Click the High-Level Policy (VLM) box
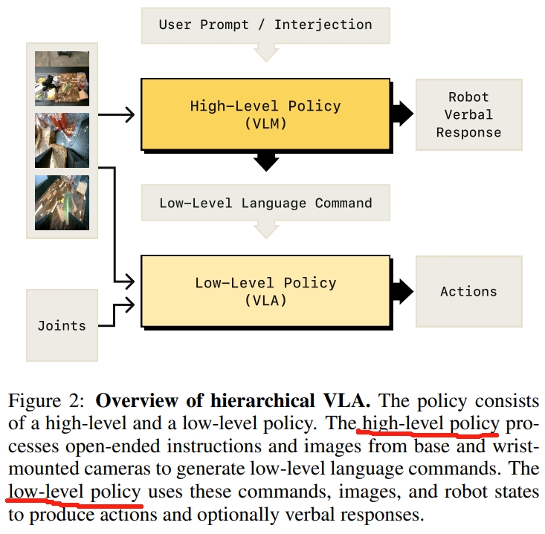tap(265, 114)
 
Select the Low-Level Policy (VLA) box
tap(265, 291)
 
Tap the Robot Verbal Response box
tap(468, 114)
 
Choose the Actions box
tap(468, 291)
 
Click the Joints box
tap(62, 325)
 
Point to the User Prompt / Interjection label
tap(265, 25)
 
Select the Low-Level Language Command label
tap(265, 203)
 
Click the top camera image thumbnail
tap(62, 78)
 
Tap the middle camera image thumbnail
tap(62, 140)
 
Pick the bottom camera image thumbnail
tap(62, 202)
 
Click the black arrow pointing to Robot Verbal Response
tap(402, 114)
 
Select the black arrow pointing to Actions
tap(402, 290)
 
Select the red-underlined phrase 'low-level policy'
tap(74, 492)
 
